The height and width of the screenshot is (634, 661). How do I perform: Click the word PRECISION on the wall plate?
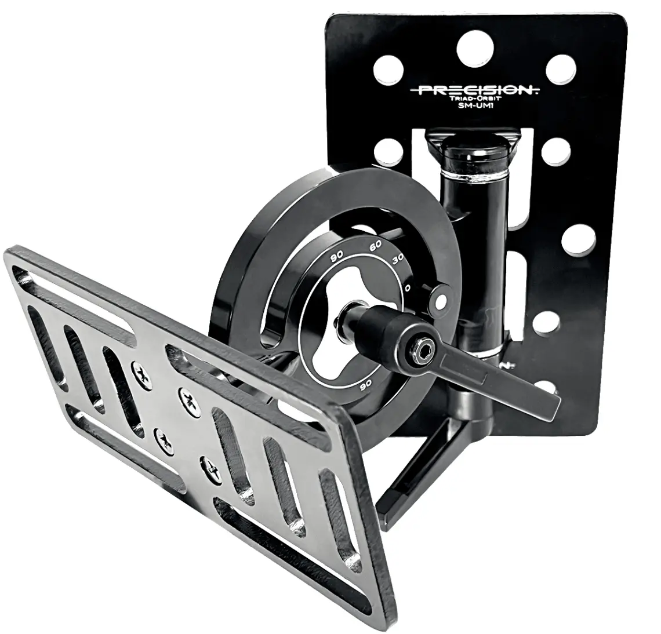(471, 90)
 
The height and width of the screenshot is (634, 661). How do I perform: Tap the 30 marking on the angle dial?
(398, 258)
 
